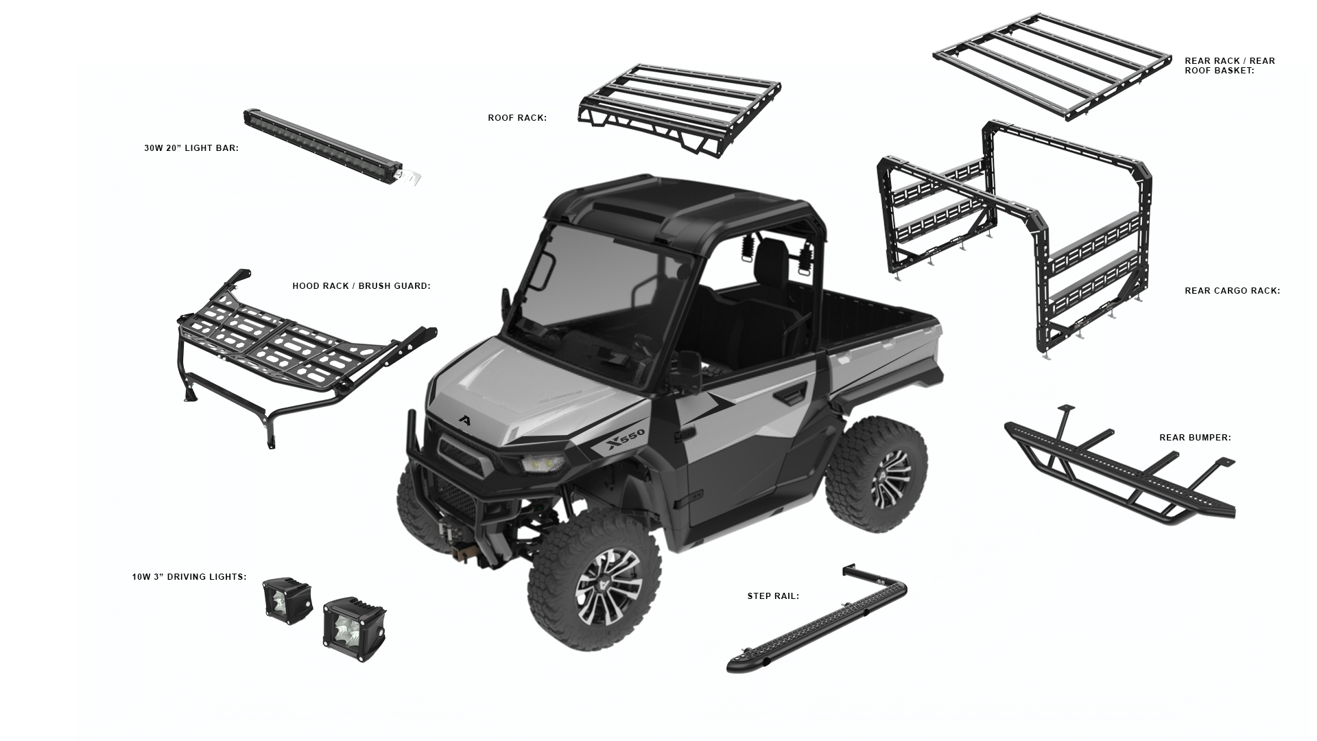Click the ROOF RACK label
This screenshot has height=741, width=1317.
click(517, 118)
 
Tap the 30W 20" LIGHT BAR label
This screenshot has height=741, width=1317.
click(191, 148)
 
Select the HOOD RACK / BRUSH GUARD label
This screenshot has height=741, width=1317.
click(361, 286)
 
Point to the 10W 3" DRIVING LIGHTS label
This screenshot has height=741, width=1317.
click(189, 577)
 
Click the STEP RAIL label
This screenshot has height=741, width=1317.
click(773, 596)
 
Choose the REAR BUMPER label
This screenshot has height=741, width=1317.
click(1195, 438)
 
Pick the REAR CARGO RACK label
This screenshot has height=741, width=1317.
click(1232, 291)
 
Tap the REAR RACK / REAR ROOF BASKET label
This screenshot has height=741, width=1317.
click(1229, 66)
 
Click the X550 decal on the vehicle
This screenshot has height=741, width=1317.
click(626, 440)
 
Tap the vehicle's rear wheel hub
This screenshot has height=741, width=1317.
click(890, 478)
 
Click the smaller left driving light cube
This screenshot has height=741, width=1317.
click(287, 602)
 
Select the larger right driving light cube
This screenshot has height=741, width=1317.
click(353, 628)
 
